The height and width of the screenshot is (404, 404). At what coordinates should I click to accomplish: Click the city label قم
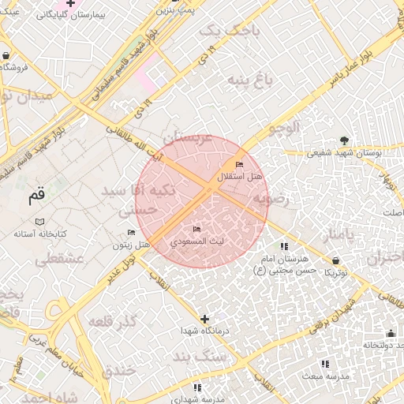[37, 195]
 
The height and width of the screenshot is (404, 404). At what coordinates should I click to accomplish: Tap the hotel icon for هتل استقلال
[240, 164]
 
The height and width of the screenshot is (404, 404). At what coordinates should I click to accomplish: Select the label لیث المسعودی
[198, 239]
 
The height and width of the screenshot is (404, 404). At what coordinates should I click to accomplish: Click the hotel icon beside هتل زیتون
[131, 232]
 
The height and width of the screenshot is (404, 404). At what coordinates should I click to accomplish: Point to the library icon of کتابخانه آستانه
[40, 222]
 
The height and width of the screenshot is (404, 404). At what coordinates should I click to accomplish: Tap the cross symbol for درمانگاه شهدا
[205, 319]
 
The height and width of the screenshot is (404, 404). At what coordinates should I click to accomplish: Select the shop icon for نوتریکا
[337, 260]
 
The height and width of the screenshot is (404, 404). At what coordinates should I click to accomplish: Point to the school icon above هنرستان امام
[284, 247]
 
